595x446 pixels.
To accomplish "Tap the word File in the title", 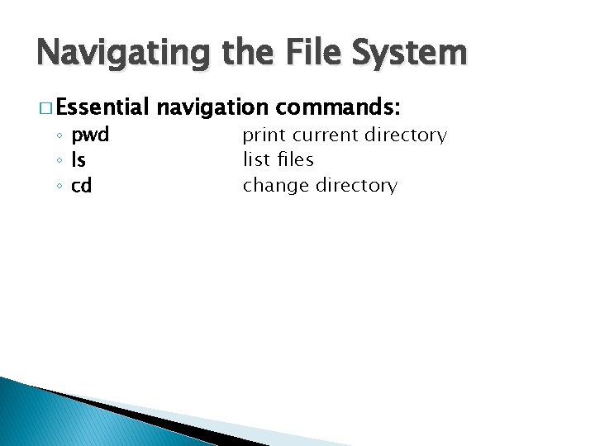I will click(x=307, y=53).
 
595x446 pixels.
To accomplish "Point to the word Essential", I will click(x=102, y=107).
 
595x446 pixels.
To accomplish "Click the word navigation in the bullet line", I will click(x=212, y=107).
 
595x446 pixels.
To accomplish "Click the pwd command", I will click(x=90, y=135).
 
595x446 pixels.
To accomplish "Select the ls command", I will click(x=79, y=160).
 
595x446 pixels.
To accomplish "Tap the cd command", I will click(x=81, y=186).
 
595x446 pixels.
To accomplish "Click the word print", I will click(x=265, y=135).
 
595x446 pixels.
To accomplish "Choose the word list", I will click(x=256, y=160).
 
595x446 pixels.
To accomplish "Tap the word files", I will click(x=294, y=160).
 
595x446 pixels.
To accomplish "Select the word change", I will click(x=275, y=186).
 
